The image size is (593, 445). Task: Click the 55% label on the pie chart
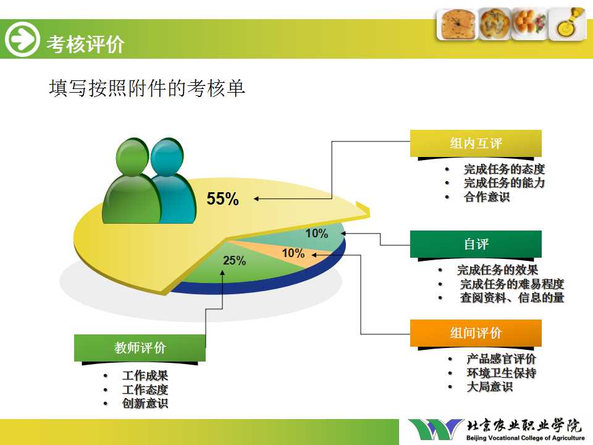coord(223,198)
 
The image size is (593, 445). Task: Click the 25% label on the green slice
coord(235,260)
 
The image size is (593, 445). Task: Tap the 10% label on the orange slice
coord(293,253)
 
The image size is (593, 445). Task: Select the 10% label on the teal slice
coord(317,233)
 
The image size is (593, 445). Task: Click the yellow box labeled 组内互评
coord(476,143)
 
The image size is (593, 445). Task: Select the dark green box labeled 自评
coord(476,244)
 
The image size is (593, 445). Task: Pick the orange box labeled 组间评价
coord(476,333)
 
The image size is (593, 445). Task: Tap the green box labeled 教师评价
coord(140,348)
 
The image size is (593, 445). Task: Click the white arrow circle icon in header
coord(22,39)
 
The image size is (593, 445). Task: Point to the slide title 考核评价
coord(85,44)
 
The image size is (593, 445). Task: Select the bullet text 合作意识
coord(487,197)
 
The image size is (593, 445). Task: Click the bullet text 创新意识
coord(145,404)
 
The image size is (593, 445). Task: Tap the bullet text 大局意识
coord(490,387)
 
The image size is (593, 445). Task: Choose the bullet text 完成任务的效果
coord(497,270)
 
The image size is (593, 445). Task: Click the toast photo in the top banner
coord(458,24)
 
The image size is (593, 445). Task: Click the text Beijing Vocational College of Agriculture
coord(525,438)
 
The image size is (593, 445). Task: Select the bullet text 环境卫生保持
coord(502,373)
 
